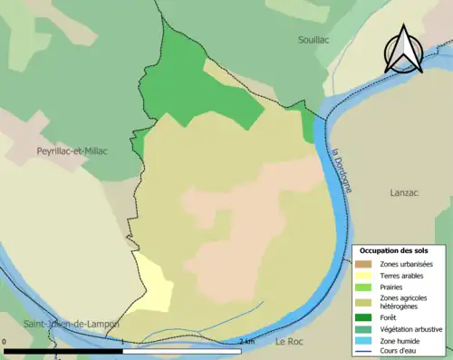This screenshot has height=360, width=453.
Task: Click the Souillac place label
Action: tap(317, 40)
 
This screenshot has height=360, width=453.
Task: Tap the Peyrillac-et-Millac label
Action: tap(72, 151)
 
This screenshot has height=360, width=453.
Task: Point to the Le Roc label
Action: tap(290, 341)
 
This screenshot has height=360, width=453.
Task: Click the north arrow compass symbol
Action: tap(403, 51)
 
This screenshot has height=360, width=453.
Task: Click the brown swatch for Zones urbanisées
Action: tap(367, 264)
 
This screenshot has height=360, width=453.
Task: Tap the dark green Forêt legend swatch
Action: tap(367, 317)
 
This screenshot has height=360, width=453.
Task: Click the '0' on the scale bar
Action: tap(5, 342)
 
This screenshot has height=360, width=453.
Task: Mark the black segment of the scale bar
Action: tap(63, 351)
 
